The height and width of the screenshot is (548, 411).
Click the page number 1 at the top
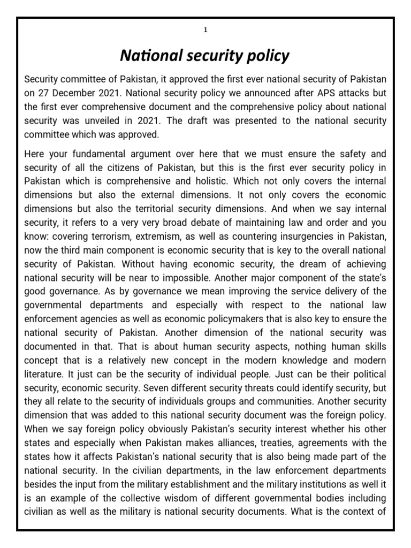pos(205,29)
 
